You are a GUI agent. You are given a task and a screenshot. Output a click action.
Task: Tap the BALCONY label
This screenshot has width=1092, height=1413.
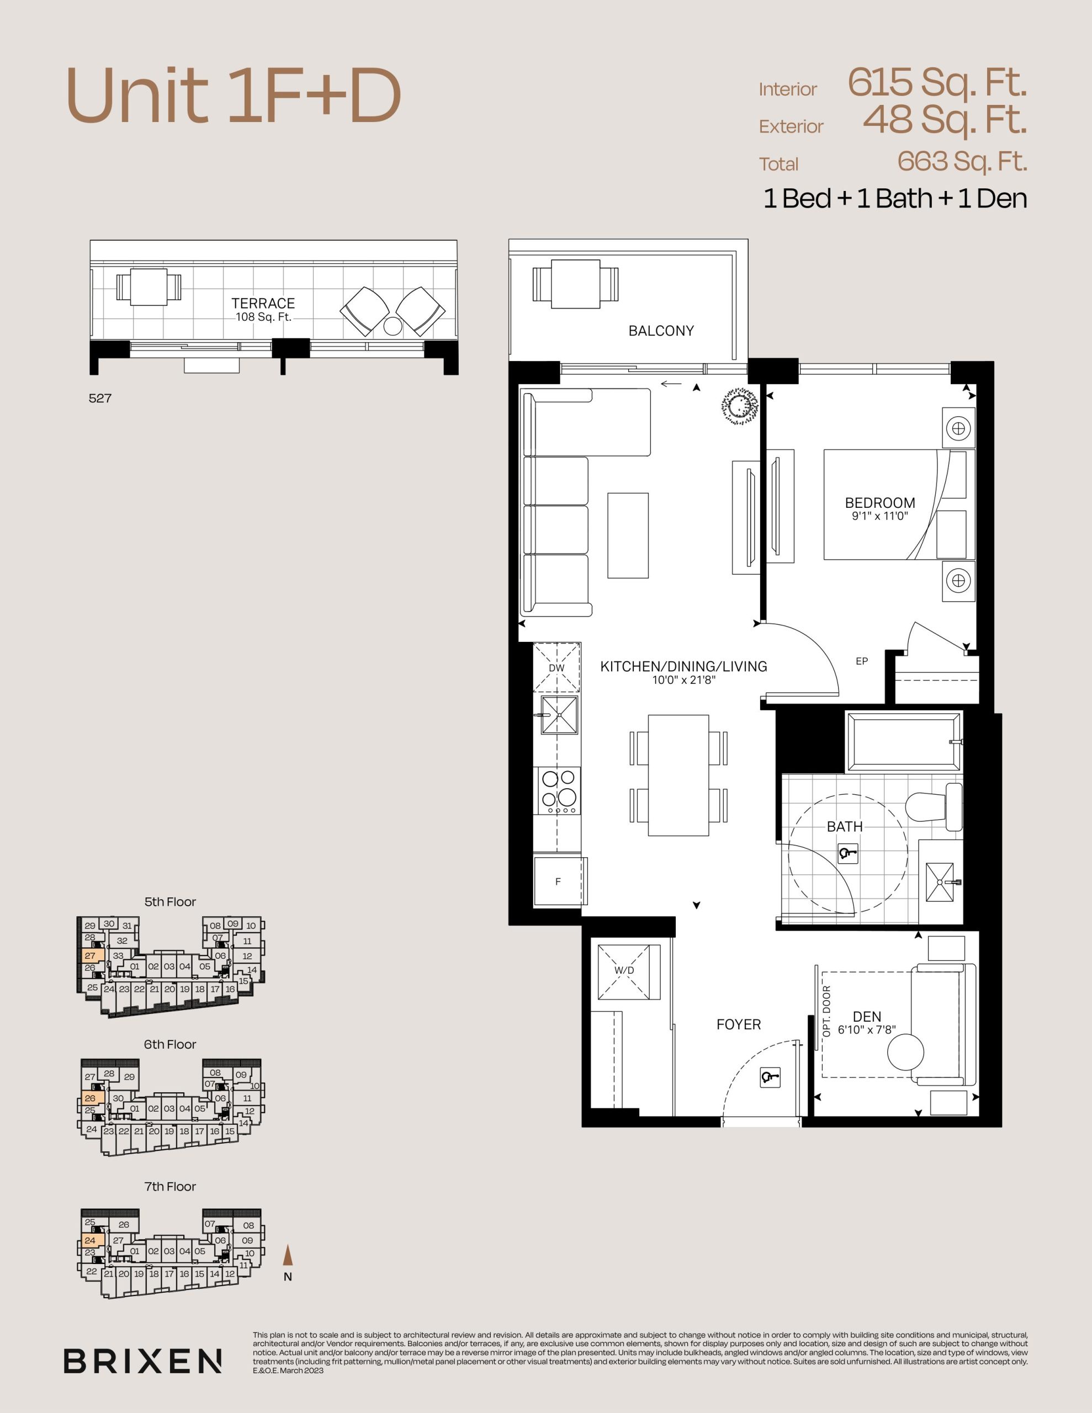point(661,331)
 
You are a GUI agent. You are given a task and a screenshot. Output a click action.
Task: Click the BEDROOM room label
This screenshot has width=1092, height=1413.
point(879,503)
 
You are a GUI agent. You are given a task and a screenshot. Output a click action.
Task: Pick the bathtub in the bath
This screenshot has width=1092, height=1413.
point(904,741)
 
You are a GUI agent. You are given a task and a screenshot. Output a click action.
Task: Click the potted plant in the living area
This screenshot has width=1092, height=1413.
point(739,406)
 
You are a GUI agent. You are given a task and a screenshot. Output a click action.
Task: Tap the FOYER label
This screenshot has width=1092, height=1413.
point(739,1024)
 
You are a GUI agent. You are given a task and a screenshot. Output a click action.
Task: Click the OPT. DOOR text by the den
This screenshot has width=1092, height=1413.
point(826,1011)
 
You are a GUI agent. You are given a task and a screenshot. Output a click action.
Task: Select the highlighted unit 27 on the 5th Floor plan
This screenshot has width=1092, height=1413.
point(90,955)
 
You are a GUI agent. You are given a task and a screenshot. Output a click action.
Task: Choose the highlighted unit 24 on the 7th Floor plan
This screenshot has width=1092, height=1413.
point(90,1240)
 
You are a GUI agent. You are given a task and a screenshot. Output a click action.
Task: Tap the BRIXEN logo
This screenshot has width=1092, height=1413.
point(142,1361)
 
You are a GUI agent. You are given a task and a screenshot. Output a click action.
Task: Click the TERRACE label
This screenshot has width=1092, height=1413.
point(263,303)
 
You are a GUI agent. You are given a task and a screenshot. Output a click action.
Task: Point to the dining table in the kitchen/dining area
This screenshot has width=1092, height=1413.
point(678,775)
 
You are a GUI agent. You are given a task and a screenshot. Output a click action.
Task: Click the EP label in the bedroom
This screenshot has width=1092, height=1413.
point(862,661)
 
